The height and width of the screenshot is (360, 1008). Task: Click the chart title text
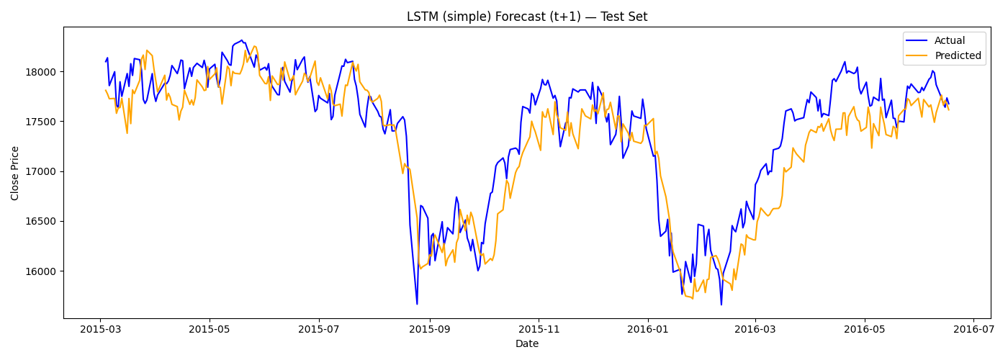coord(527,17)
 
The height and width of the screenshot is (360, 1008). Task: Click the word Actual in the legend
coord(950,41)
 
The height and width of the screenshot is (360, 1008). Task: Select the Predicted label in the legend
coord(958,55)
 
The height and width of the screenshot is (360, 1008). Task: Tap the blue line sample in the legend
coord(917,41)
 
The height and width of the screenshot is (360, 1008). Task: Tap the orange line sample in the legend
coord(917,55)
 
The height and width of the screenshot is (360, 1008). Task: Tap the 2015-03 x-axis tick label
coord(100,329)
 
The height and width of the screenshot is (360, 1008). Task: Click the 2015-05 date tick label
coord(210,329)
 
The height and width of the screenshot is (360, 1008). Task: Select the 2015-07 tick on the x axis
coord(319,329)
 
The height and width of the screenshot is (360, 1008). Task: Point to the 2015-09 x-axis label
coord(430,329)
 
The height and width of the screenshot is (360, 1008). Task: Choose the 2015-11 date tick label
coord(539,329)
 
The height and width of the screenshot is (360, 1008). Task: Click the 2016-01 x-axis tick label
coord(648,329)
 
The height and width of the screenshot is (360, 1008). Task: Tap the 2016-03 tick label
coord(755,329)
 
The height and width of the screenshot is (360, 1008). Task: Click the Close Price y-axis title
coord(15,172)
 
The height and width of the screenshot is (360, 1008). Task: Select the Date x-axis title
coord(527,344)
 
